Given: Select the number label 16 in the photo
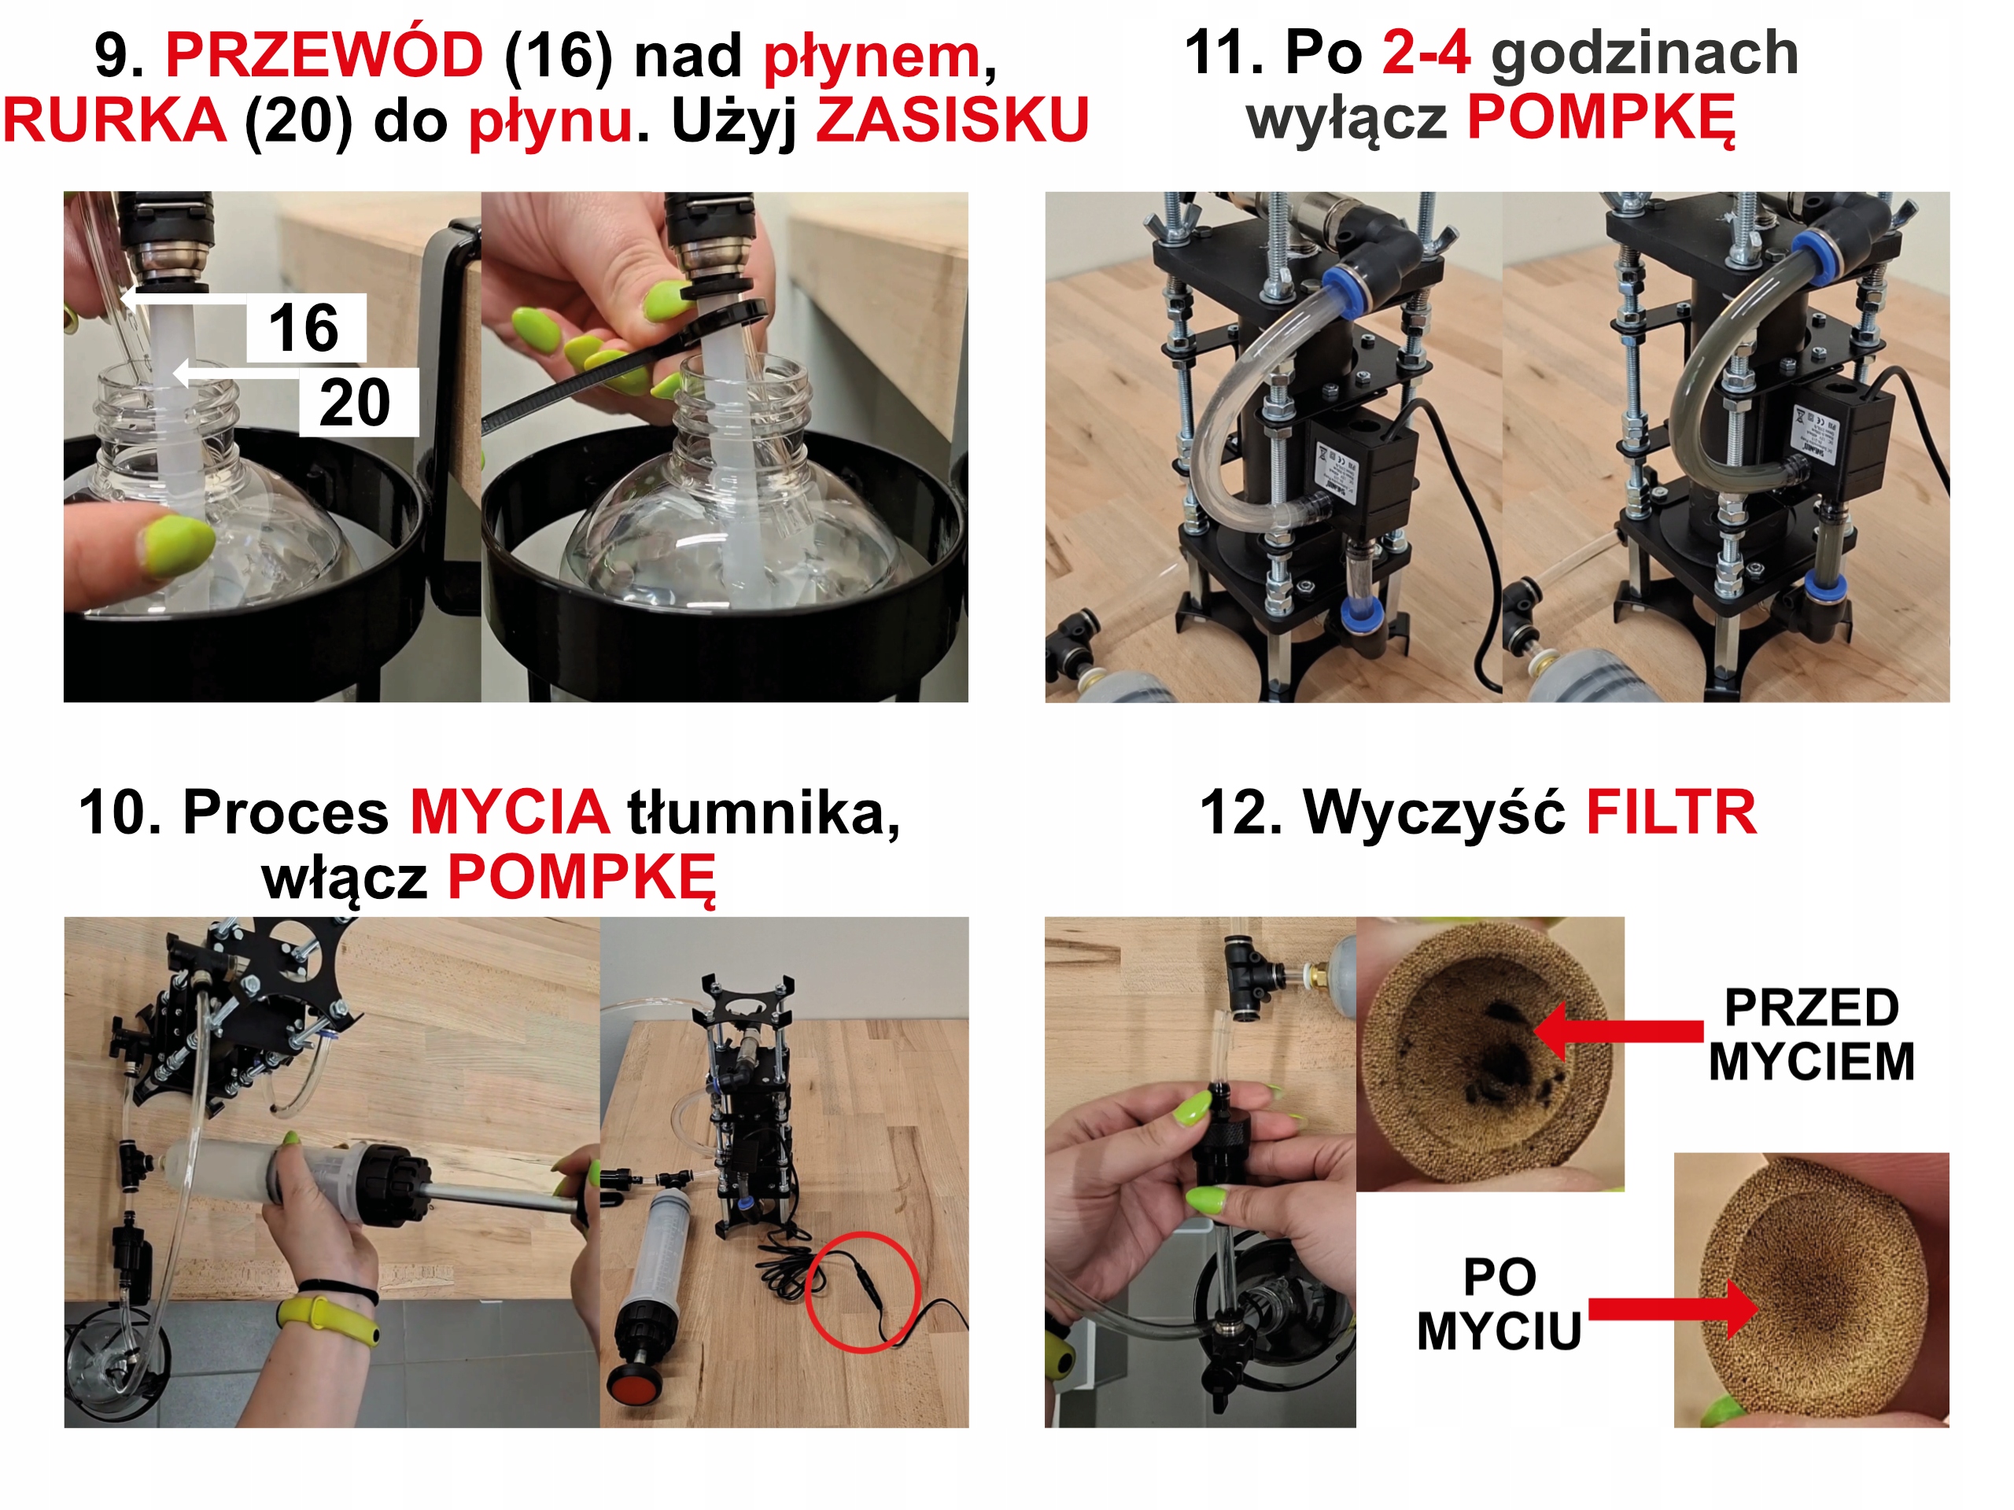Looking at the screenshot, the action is (x=304, y=328).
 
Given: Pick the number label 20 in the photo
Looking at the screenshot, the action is (x=357, y=403).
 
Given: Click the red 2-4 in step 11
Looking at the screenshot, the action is (x=1426, y=52).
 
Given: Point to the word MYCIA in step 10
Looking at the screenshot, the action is (x=510, y=812).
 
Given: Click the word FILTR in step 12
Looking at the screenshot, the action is (x=1671, y=812).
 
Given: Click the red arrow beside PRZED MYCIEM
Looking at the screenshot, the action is (x=1619, y=1031).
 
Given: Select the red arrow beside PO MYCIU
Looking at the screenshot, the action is (x=1673, y=1309).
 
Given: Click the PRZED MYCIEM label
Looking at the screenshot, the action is (x=1811, y=1035).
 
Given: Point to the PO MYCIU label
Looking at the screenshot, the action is (x=1499, y=1303).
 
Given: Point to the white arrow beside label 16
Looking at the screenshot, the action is (x=183, y=297).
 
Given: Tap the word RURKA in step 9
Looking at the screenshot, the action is (x=115, y=120).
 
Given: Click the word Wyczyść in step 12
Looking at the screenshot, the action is (x=1434, y=812).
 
